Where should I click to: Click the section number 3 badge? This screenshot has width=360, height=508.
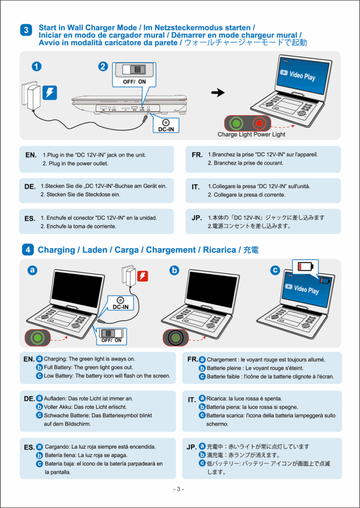[x=26, y=30]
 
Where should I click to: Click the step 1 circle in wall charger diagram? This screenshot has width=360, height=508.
[x=36, y=66]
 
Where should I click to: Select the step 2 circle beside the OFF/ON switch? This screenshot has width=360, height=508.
[x=103, y=66]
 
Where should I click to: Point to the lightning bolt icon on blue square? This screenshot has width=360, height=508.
[x=51, y=92]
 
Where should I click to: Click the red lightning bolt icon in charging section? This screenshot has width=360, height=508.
[x=143, y=276]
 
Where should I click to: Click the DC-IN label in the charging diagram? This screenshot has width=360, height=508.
[x=121, y=303]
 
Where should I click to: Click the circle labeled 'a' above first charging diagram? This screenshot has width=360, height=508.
[x=33, y=270]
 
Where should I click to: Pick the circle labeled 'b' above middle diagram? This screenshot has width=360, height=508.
[x=174, y=270]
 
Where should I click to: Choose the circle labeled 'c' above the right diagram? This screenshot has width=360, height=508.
[x=275, y=270]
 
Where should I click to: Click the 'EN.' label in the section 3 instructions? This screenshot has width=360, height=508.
[x=30, y=155]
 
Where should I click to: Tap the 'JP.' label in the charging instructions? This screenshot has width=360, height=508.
[x=192, y=447]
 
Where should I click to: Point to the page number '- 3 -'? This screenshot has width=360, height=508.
[x=179, y=489]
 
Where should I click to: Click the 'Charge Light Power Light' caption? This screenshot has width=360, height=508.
[x=251, y=134]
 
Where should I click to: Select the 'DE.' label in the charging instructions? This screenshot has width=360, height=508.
[x=29, y=398]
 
